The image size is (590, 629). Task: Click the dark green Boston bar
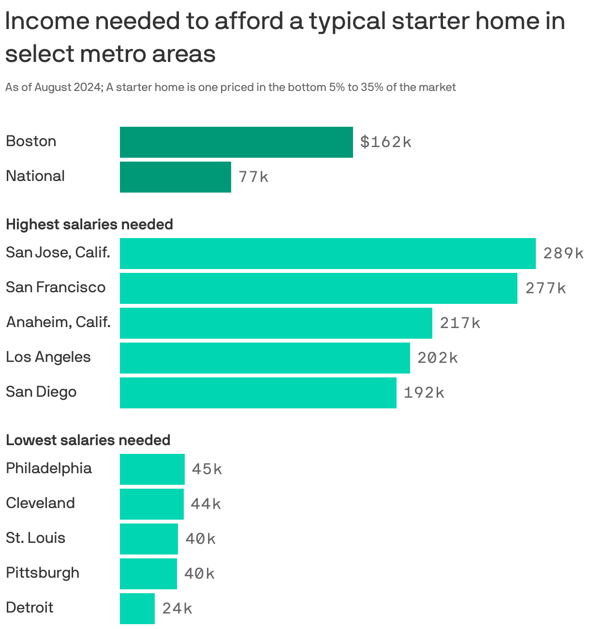[x=236, y=142]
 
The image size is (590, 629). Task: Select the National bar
[x=175, y=177]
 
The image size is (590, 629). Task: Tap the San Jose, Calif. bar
[x=327, y=253]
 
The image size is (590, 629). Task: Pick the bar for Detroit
[x=137, y=608]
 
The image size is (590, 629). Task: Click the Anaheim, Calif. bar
[x=276, y=323]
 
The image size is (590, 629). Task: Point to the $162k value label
[x=385, y=142]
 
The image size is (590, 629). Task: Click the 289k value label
[x=563, y=253]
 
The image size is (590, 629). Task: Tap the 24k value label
[x=177, y=608]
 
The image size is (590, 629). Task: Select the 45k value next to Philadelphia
[x=207, y=469]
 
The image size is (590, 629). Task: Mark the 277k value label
[x=545, y=288]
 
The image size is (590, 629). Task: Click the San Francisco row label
[x=56, y=287]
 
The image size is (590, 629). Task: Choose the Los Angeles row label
[x=48, y=357]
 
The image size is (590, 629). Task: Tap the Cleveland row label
[x=40, y=503]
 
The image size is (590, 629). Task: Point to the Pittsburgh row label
[x=43, y=573]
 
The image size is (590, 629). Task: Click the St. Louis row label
[x=35, y=538]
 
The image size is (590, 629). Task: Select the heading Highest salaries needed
[x=89, y=225]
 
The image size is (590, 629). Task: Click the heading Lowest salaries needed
[x=88, y=440]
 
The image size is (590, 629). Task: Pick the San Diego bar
[x=258, y=392]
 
